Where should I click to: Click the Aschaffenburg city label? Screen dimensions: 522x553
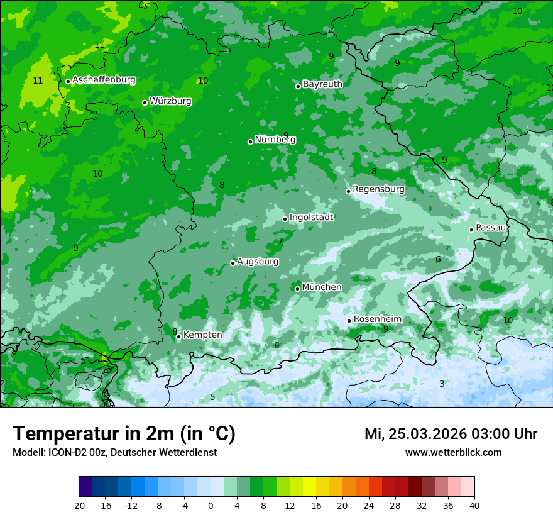[104, 80]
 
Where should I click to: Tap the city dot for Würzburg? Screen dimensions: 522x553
[145, 103]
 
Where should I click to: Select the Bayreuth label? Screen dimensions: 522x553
[322, 84]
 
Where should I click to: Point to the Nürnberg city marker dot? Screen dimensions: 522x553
[250, 142]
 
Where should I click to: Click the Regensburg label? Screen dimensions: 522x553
[378, 189]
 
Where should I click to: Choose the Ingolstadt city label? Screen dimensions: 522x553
[311, 217]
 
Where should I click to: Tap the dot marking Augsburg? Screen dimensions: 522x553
[233, 263]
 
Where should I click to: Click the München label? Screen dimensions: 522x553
[322, 287]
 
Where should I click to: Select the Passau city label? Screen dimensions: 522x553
[491, 227]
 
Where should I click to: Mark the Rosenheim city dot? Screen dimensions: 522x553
[349, 321]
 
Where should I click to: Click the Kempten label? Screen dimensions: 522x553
[202, 335]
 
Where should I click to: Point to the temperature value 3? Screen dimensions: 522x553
[442, 384]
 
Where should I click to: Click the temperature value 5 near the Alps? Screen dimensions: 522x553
[212, 397]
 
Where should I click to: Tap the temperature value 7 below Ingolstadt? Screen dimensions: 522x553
[281, 241]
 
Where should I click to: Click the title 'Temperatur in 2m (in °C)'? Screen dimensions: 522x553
[124, 433]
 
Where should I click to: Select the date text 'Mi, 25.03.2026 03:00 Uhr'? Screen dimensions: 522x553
[451, 434]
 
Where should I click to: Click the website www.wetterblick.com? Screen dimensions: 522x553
[453, 452]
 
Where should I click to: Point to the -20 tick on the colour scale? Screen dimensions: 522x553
[79, 505]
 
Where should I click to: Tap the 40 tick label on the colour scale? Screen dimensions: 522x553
[474, 505]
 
